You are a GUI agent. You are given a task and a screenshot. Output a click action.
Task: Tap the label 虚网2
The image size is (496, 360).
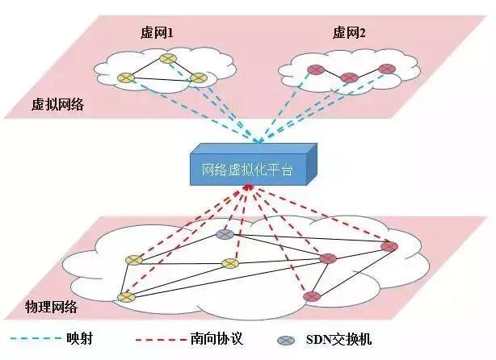(x=348, y=33)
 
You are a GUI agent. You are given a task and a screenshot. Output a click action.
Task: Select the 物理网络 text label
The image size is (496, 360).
(x=50, y=308)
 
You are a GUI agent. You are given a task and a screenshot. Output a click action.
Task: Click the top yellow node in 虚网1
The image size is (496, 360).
(x=167, y=59)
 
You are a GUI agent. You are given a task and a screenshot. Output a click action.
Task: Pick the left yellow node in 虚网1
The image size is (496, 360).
(x=125, y=78)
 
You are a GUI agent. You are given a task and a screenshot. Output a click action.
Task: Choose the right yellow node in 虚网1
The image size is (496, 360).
(x=197, y=78)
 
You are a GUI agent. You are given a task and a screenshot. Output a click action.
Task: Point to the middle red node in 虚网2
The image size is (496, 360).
(x=349, y=78)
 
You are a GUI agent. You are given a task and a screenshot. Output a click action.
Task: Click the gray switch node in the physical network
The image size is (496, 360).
(x=225, y=235)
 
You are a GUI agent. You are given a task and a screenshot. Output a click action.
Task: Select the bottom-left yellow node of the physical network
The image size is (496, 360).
(x=125, y=297)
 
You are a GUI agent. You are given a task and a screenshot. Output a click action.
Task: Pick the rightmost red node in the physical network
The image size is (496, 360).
(x=389, y=246)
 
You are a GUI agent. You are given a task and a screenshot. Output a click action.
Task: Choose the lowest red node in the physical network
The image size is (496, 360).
(x=311, y=297)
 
